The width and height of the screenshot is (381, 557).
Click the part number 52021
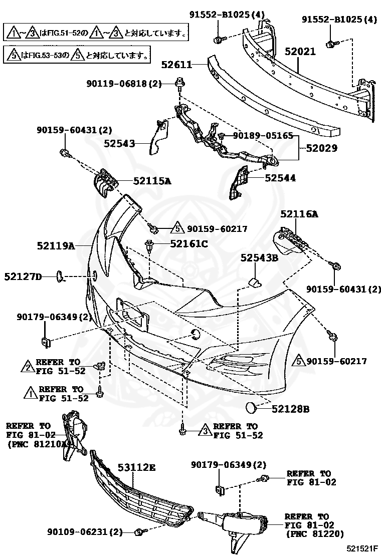(301, 51)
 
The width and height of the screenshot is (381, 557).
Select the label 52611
(177, 65)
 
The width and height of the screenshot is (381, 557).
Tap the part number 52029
(319, 148)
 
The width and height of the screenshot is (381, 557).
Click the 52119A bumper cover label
(55, 246)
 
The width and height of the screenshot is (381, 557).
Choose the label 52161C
(188, 244)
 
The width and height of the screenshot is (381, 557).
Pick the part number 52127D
(23, 276)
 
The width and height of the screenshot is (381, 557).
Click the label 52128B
(290, 409)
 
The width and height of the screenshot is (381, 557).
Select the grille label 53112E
(136, 468)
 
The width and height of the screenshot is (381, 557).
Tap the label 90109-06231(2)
(85, 532)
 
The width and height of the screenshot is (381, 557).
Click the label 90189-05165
(257, 135)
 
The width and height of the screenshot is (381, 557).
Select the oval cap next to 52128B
(253, 408)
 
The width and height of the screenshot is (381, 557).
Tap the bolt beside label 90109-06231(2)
(139, 532)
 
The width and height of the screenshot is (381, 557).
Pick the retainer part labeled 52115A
(104, 183)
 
